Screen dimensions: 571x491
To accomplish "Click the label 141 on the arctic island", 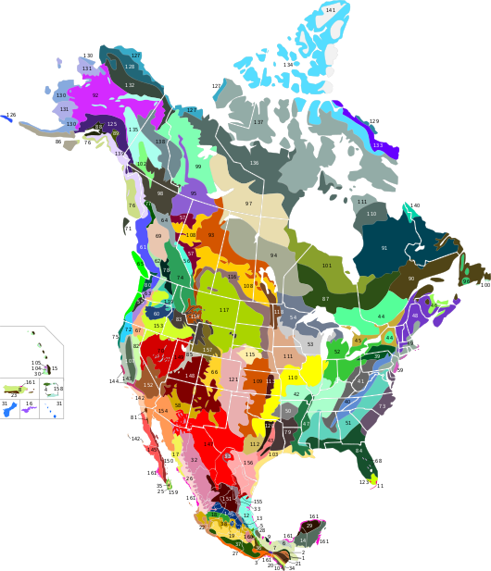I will point(331,10).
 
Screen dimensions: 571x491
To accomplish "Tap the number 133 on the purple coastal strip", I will point(377,145).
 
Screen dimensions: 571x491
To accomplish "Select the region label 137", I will point(258,122).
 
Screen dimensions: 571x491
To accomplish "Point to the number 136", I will point(254,163).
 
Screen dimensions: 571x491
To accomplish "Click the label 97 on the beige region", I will point(248,204).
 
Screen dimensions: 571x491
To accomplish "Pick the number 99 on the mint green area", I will point(198,167).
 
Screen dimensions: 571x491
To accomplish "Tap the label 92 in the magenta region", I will point(94,95).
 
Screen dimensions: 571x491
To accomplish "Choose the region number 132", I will point(130,85).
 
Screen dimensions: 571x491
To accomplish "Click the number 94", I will point(273,255).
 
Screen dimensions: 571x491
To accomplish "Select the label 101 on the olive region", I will point(326,266).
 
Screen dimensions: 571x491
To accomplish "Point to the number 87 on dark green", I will point(325,298).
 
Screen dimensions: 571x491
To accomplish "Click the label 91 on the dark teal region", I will point(384,248).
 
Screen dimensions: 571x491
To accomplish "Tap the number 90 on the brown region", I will point(411,279).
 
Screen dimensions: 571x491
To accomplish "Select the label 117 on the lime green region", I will point(224,310).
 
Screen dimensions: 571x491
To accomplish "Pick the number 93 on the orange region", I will point(211,235).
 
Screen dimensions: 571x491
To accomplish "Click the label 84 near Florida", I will point(359,451).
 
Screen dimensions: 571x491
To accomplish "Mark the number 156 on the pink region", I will point(248,462).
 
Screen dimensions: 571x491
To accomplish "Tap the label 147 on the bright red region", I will point(208,444).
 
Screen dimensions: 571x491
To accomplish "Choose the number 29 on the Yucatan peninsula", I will point(309,526).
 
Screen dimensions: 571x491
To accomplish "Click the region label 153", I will point(158,326).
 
